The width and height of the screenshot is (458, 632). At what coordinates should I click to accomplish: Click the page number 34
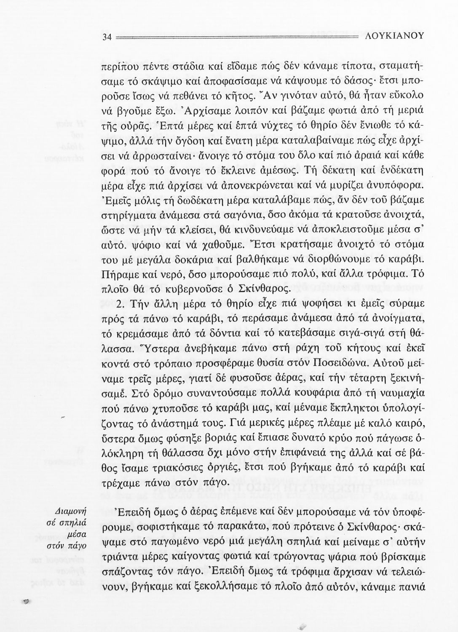[106, 37]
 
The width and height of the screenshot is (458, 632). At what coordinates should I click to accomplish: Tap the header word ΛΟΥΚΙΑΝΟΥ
[392, 37]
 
